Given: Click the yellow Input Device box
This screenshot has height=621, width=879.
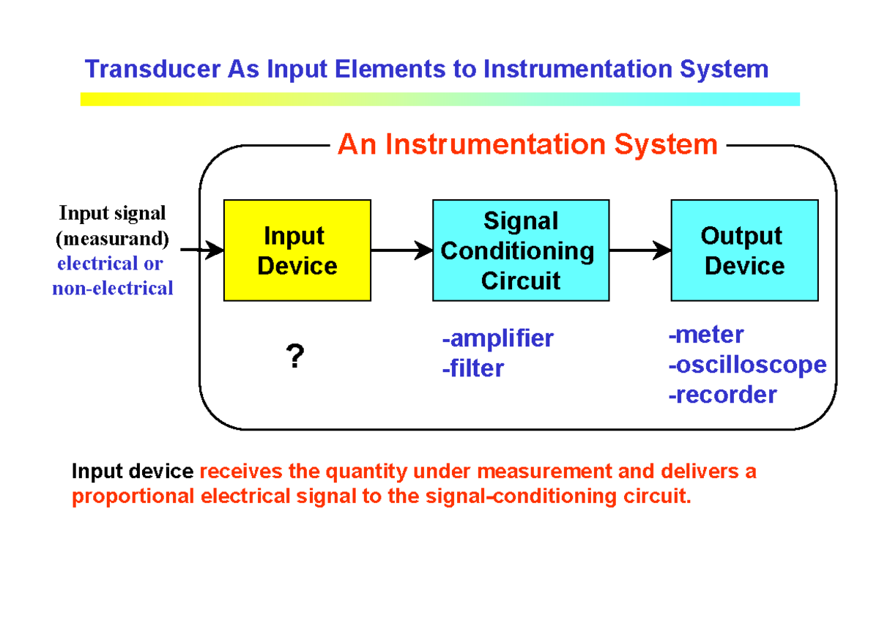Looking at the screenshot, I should pyautogui.click(x=297, y=250).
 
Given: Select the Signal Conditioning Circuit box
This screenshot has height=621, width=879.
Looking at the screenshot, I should pyautogui.click(x=520, y=250).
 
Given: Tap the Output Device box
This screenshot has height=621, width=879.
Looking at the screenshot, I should pyautogui.click(x=744, y=250).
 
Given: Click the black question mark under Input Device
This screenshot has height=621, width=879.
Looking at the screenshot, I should pyautogui.click(x=294, y=357).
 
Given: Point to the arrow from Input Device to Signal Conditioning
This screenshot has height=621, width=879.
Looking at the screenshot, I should pyautogui.click(x=401, y=250).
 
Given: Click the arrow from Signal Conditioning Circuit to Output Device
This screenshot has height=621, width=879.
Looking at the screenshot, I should pyautogui.click(x=639, y=250).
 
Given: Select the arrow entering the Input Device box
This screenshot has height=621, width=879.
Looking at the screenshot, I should pyautogui.click(x=202, y=250).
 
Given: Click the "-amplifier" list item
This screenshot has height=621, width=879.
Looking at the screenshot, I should pyautogui.click(x=497, y=338).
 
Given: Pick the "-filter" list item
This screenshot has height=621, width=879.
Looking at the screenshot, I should pyautogui.click(x=472, y=368).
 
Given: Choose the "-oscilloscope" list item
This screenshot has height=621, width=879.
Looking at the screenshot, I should pyautogui.click(x=747, y=365).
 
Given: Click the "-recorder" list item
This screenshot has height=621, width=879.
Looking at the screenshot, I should pyautogui.click(x=722, y=395).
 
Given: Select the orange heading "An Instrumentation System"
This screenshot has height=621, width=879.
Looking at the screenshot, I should pyautogui.click(x=527, y=144).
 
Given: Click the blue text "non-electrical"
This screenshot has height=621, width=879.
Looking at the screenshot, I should pyautogui.click(x=112, y=289).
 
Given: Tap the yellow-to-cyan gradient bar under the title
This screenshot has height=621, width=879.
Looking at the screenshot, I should pyautogui.click(x=439, y=99).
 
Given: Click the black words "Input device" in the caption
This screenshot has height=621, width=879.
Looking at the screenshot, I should pyautogui.click(x=133, y=472).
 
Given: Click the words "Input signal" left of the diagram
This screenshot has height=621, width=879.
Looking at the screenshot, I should pyautogui.click(x=112, y=213).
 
